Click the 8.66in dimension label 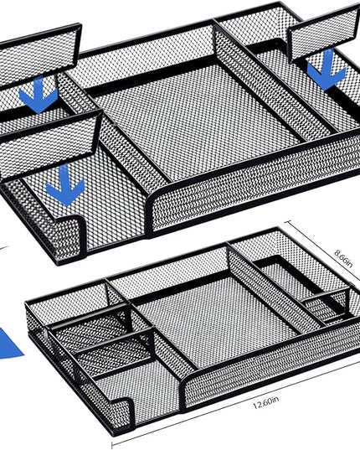343,258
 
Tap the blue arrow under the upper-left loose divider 39,95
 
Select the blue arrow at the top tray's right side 327,70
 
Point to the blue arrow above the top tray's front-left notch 65,185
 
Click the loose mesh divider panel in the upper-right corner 323,33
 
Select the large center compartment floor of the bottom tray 218,322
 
